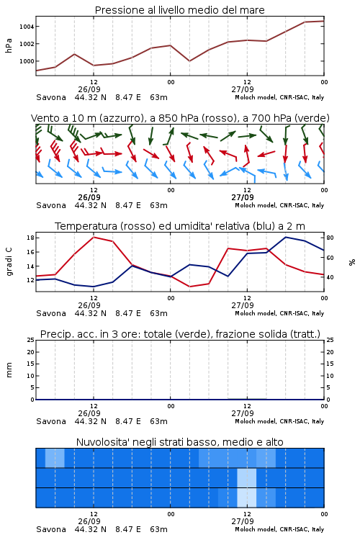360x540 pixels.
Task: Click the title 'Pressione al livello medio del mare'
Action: click(179, 10)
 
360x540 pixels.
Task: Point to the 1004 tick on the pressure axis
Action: click(26, 27)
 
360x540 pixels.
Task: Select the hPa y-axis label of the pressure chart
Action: click(9, 45)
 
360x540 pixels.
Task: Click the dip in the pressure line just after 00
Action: click(189, 61)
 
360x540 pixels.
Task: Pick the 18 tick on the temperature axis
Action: click(30, 238)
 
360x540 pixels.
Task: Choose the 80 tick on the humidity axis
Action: click(330, 238)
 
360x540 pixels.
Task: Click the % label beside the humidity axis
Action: click(352, 262)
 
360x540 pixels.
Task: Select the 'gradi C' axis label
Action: click(9, 261)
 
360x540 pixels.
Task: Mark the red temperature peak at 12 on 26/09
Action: click(94, 237)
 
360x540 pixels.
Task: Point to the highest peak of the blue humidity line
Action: click(286, 237)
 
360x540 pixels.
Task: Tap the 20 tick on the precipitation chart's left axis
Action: click(31, 352)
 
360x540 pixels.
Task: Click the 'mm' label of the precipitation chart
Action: click(9, 369)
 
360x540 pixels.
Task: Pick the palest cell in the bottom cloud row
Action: click(247, 498)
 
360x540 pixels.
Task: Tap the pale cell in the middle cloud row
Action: click(247, 478)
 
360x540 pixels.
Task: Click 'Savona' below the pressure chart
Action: click(51, 97)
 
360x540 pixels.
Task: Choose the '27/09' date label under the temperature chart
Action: click(243, 305)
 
